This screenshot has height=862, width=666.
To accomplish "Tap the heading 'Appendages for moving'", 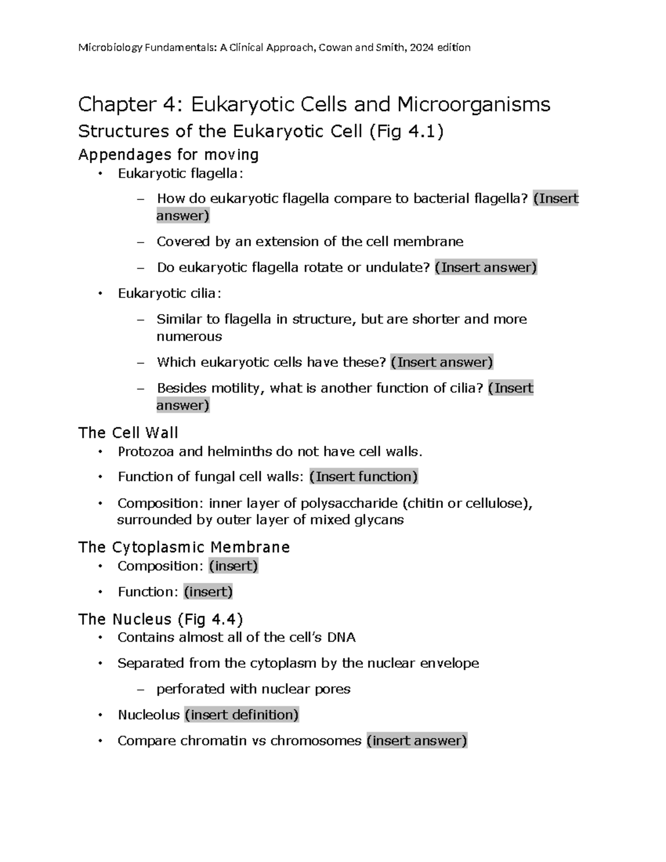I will [168, 154].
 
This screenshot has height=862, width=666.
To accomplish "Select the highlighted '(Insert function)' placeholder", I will [364, 476].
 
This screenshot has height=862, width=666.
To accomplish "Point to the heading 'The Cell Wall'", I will [128, 433].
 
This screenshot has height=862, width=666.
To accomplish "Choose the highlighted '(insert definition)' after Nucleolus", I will [241, 714].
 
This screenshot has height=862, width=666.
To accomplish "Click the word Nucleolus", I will [149, 715].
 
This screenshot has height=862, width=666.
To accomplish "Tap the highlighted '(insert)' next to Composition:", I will [234, 566].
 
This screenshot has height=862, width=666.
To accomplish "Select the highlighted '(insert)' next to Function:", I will [208, 592].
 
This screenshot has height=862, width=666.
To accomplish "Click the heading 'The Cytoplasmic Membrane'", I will [184, 547].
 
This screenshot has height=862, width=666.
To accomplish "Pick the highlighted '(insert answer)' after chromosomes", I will [417, 740].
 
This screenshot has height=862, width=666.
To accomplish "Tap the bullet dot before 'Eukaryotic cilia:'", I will [100, 294].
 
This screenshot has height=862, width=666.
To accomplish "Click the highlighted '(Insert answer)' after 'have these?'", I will [442, 362].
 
